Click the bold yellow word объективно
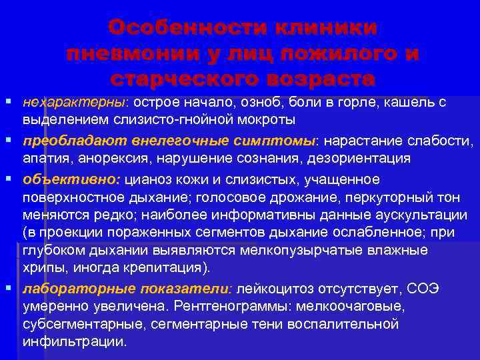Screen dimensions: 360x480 coord(70,179)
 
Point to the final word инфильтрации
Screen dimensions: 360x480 coord(74,341)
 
